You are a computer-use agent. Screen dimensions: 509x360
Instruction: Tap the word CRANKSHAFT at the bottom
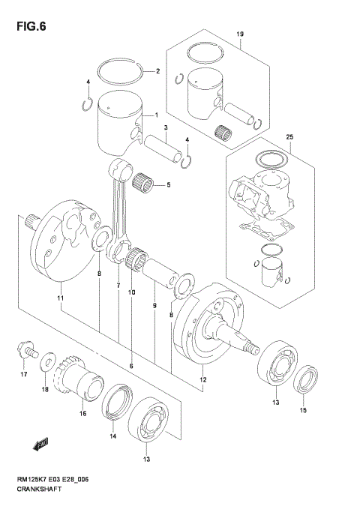tap(40, 489)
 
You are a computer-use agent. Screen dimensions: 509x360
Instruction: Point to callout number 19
tap(240, 35)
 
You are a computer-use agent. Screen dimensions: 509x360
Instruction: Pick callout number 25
tap(289, 136)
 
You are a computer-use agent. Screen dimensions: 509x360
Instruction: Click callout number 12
tap(202, 381)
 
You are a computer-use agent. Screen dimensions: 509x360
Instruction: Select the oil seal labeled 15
tap(303, 382)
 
